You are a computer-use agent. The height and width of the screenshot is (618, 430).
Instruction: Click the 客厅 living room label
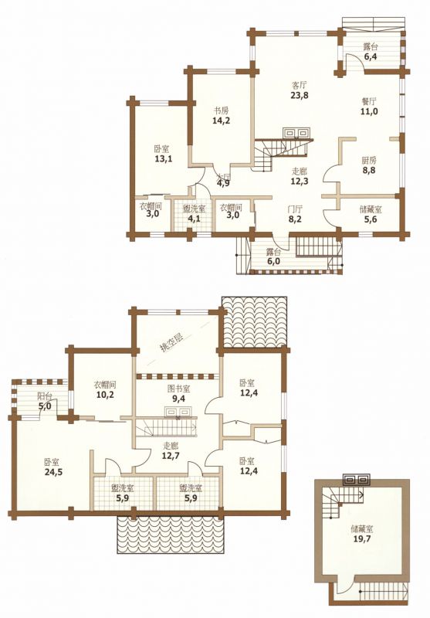click(x=300, y=85)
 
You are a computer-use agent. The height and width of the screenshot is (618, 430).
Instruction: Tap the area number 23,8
click(x=300, y=95)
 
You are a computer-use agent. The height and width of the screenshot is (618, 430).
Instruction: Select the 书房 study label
click(x=221, y=110)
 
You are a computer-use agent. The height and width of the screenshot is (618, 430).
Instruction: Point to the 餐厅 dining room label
click(x=369, y=100)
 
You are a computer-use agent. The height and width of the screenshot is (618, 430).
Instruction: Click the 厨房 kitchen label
click(x=369, y=161)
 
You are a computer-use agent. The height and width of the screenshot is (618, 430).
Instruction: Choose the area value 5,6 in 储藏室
click(x=371, y=219)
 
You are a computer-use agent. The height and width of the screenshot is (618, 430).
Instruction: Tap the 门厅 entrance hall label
click(x=295, y=209)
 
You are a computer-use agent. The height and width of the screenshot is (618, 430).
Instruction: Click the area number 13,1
click(x=164, y=159)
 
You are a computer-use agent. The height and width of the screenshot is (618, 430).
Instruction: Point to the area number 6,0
click(x=274, y=261)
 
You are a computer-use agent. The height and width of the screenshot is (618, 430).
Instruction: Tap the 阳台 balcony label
click(x=44, y=396)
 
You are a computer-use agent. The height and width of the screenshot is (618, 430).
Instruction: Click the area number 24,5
click(x=53, y=472)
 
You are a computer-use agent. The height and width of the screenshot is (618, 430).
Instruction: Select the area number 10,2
click(x=105, y=395)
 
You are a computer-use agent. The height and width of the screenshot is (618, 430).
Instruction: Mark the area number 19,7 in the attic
click(x=362, y=538)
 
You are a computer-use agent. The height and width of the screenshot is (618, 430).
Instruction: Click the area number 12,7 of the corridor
click(x=171, y=456)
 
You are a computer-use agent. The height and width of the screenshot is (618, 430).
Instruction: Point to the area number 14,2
click(x=221, y=121)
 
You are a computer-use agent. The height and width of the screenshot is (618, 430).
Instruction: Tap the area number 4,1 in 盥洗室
click(x=194, y=218)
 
